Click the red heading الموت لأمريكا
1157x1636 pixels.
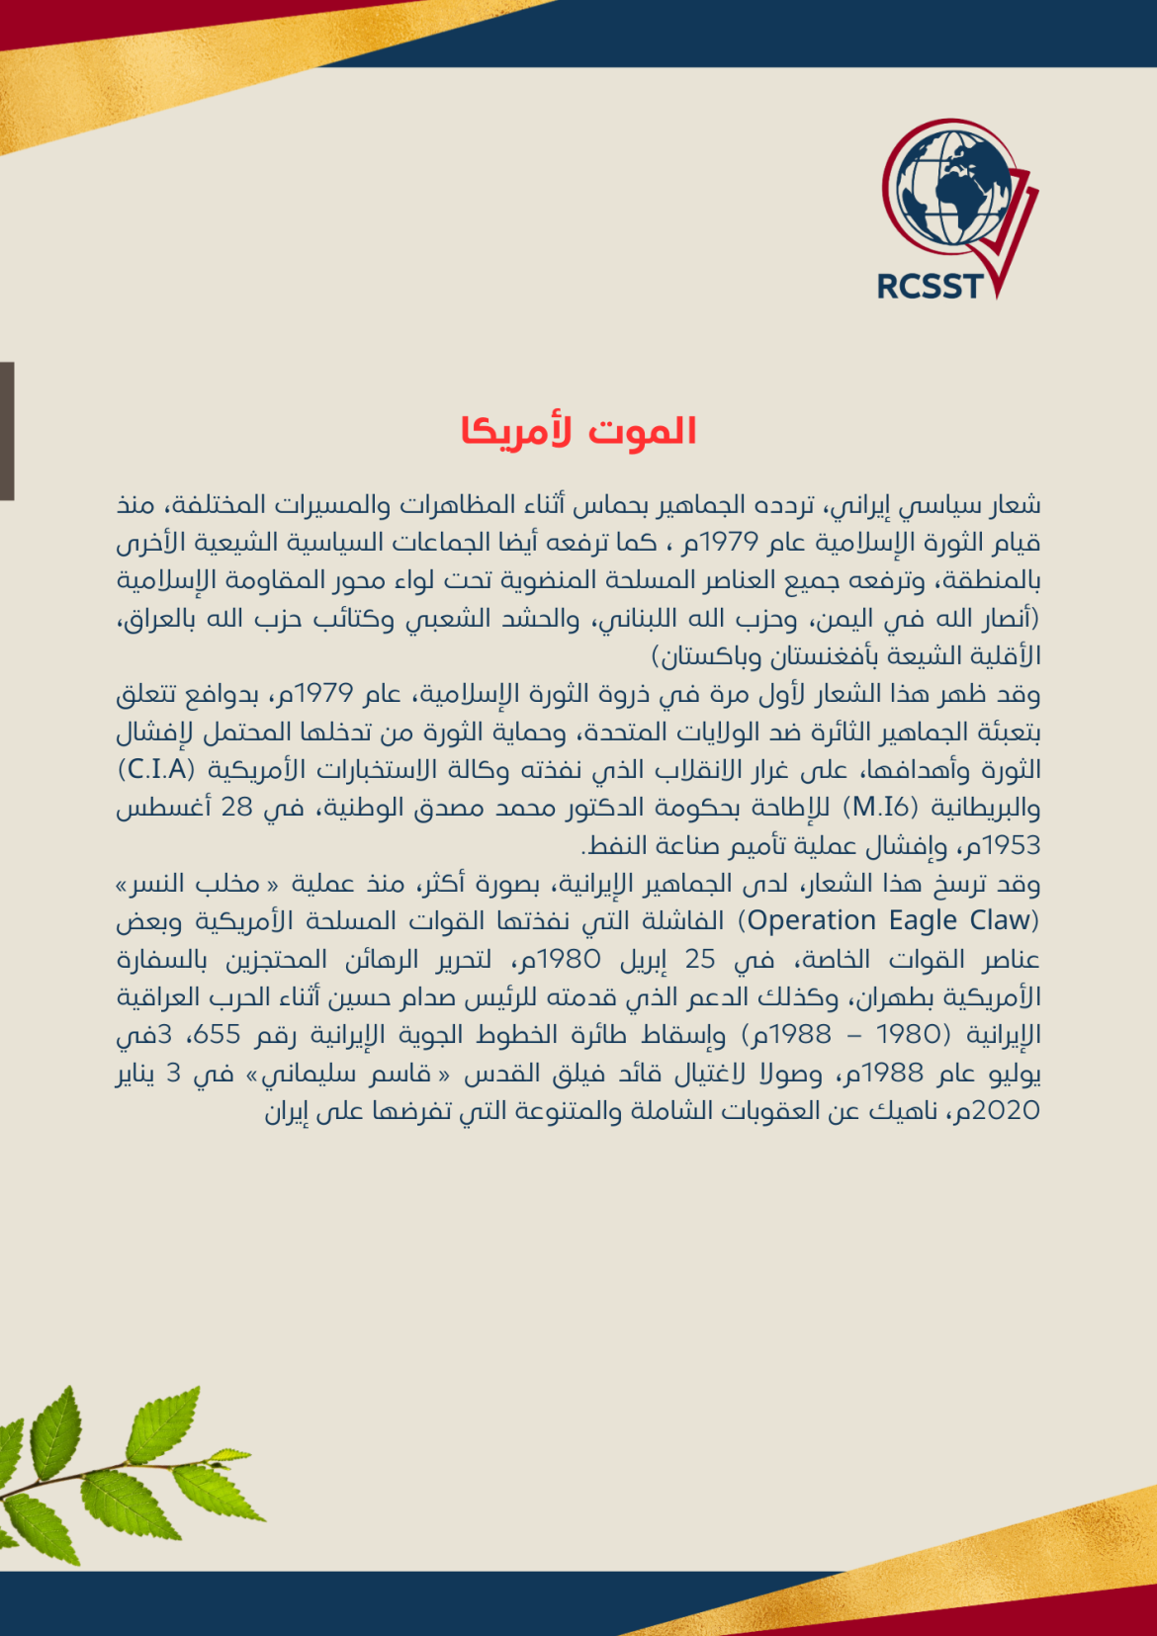(x=578, y=432)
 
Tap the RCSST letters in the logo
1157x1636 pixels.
(x=930, y=287)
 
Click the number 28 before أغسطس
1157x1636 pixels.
(x=237, y=808)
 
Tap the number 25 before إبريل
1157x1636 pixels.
(x=700, y=959)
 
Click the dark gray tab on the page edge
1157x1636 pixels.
(x=7, y=431)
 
